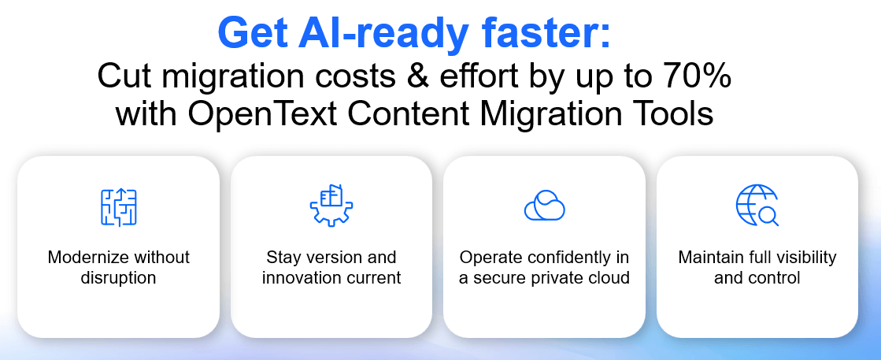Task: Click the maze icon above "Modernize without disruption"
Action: tap(118, 206)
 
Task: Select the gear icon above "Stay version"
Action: tap(331, 206)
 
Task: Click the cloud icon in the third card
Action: tap(544, 206)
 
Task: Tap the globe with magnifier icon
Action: tap(757, 206)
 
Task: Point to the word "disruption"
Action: tap(118, 277)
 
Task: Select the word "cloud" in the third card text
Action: tap(609, 277)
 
